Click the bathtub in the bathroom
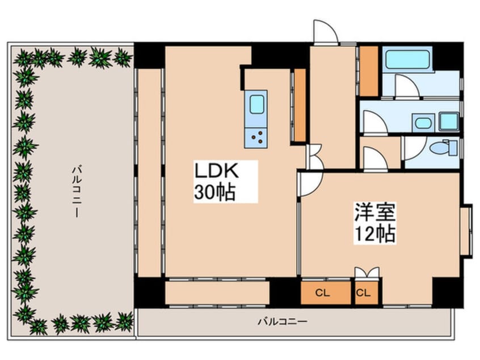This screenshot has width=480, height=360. (x=407, y=58)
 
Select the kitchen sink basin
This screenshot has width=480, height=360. (x=256, y=104)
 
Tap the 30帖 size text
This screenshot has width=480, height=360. (x=215, y=192)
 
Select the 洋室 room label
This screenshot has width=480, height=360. (x=374, y=213)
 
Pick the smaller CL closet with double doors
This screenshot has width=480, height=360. (x=364, y=293)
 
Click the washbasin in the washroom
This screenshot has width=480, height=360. (x=423, y=122)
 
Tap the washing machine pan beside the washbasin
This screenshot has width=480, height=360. (x=449, y=121)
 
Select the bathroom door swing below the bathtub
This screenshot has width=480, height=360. (x=406, y=86)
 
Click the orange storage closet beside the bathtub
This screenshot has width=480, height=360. (x=369, y=70)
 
